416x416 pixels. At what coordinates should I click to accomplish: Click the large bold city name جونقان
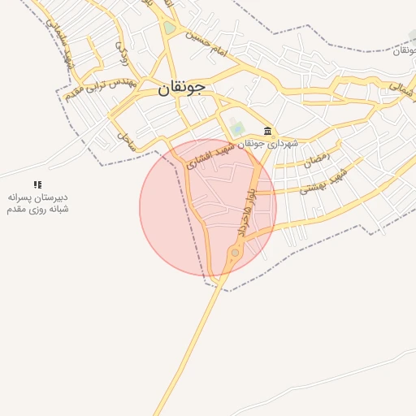tap(176, 89)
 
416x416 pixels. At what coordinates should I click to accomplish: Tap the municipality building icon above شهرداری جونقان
tap(267, 131)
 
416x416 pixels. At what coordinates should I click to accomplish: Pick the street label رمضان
tap(317, 159)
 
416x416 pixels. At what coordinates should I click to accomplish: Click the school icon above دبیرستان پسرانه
tap(37, 185)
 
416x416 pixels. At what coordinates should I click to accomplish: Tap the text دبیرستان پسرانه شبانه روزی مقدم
tap(37, 203)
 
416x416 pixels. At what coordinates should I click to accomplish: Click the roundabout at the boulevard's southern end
tap(235, 253)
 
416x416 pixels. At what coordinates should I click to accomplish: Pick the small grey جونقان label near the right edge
tap(401, 50)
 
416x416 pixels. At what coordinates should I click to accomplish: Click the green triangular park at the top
tap(169, 28)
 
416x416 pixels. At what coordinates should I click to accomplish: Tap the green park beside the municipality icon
tap(236, 128)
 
